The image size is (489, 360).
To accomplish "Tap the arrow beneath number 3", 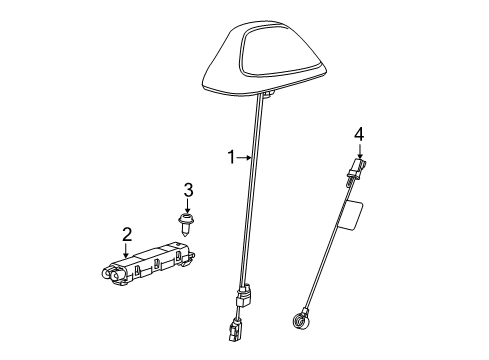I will pos(187,205).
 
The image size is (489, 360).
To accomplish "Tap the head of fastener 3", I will pos(187,217).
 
